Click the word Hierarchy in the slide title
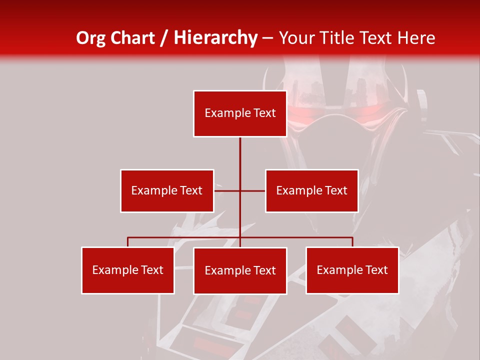coord(215,38)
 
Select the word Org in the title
coord(90,38)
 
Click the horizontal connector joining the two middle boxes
coord(227,190)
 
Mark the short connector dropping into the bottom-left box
coord(127,242)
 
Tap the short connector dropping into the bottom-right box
coord(352,242)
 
